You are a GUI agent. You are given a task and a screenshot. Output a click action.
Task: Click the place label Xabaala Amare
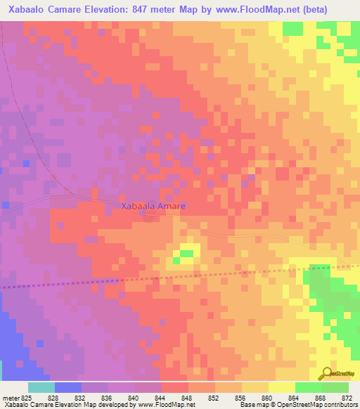153,207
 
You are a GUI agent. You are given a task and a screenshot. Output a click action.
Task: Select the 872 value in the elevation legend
345,398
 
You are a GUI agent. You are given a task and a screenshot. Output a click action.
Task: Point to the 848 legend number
188,398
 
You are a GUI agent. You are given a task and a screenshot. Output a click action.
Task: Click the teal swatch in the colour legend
41,387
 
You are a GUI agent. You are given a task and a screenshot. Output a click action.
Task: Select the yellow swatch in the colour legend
282,387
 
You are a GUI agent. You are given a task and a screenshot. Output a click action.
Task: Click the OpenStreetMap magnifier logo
326,373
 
